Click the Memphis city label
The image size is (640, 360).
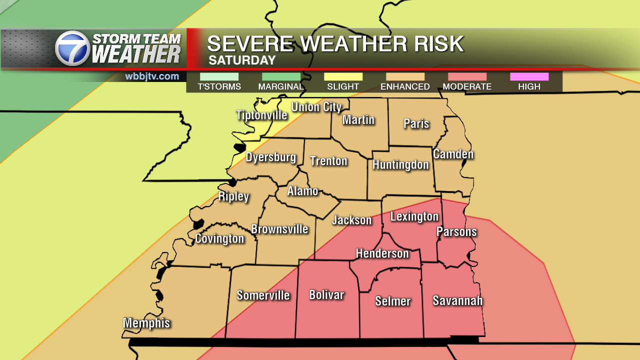[146, 323]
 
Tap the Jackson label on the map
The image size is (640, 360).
[352, 220]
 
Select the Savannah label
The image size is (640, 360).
[457, 300]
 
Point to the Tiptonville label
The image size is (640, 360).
[261, 115]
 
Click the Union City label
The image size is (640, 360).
[316, 107]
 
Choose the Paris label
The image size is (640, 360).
[416, 123]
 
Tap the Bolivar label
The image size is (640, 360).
[326, 295]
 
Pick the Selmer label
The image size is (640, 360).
[393, 301]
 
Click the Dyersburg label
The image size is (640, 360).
[271, 157]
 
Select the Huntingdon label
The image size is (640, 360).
[400, 164]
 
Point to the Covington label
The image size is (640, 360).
[219, 238]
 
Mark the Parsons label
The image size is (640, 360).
[456, 231]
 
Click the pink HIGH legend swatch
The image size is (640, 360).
[529, 76]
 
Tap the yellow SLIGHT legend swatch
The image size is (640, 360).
[343, 76]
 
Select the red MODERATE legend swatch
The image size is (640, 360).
[467, 76]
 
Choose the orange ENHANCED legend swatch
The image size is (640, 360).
[405, 76]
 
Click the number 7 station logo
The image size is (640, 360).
[72, 48]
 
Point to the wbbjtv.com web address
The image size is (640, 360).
[152, 76]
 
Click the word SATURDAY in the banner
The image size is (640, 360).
[242, 60]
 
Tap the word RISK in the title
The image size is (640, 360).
[435, 44]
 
